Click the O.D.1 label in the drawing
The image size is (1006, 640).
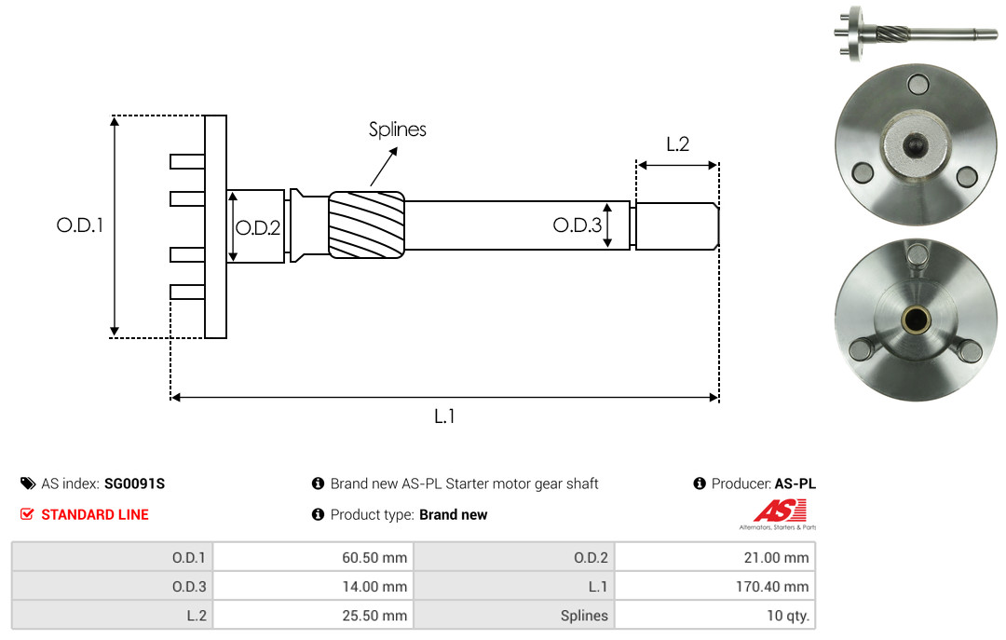79,225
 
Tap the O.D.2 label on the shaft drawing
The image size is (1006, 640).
258,228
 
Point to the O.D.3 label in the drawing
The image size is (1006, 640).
578,225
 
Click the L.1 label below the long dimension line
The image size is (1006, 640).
444,416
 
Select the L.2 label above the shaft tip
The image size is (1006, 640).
677,143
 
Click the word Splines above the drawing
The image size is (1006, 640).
397,129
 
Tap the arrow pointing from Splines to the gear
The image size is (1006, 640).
384,166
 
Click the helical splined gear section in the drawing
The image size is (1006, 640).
366,225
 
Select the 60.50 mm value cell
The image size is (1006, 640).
314,557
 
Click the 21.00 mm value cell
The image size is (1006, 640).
714,557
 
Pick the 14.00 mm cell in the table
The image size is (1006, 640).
314,586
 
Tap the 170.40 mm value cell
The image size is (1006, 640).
714,586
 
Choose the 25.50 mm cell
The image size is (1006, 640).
314,615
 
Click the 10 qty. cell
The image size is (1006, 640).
714,615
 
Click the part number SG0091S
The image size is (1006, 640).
135,483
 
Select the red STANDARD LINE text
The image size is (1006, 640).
95,515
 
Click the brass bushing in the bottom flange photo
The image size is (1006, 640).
917,317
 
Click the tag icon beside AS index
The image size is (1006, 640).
28,483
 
